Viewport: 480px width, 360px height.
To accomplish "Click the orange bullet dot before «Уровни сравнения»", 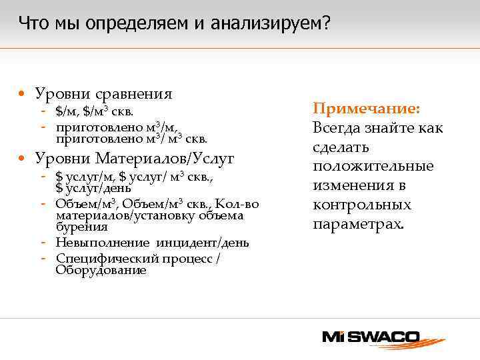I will [23, 94].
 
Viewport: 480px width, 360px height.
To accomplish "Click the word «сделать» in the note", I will [341, 147].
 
